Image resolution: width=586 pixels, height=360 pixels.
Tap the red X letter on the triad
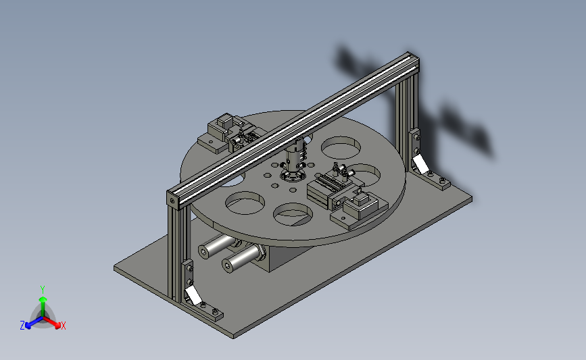(x=63, y=326)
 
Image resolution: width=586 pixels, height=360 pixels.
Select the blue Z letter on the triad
(x=22, y=325)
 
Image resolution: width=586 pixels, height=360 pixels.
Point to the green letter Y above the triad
(x=43, y=288)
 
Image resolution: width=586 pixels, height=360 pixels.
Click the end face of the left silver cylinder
(x=204, y=252)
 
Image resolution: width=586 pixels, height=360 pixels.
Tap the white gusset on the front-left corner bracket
(x=193, y=294)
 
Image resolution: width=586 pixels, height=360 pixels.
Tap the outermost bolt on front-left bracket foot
(x=216, y=312)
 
